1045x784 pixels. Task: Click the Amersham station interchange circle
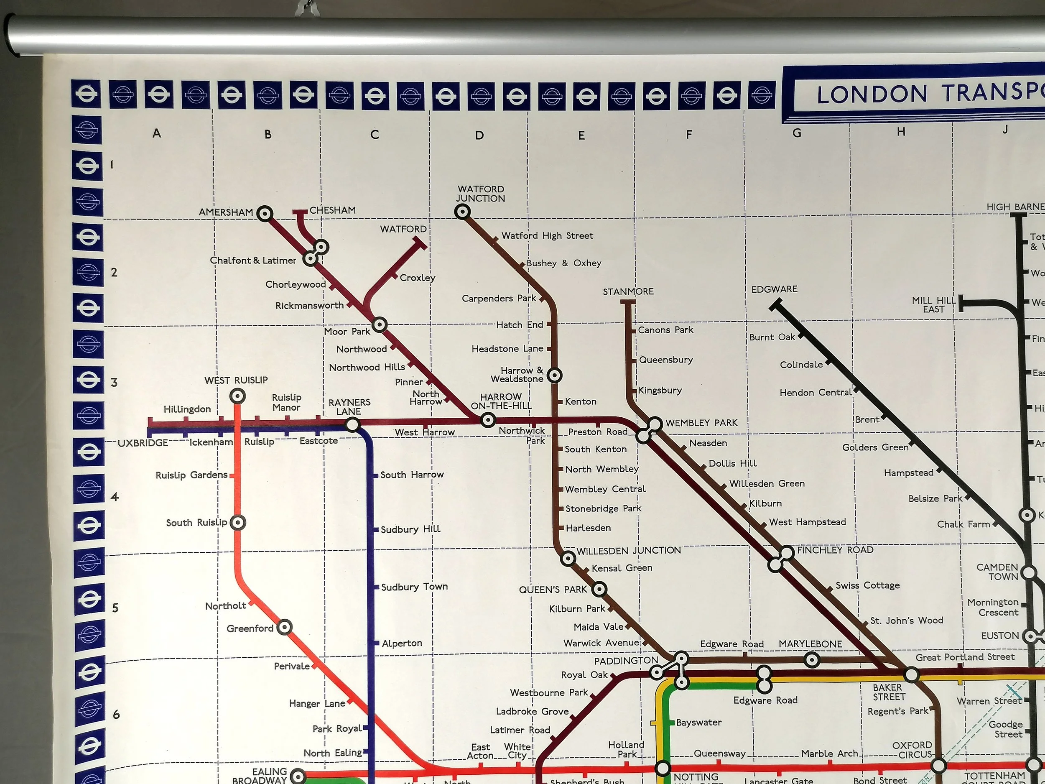pyautogui.click(x=265, y=214)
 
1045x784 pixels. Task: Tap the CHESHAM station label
pyautogui.click(x=333, y=210)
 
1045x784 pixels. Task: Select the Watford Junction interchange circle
pyautogui.click(x=462, y=212)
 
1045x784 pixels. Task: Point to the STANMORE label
pyautogui.click(x=628, y=291)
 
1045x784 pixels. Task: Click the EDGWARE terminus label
pyautogui.click(x=774, y=289)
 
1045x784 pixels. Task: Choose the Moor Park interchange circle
pyautogui.click(x=380, y=324)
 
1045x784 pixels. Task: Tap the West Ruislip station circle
pyautogui.click(x=237, y=396)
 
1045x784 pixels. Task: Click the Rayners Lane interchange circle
pyautogui.click(x=352, y=425)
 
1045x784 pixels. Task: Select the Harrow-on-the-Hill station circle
pyautogui.click(x=488, y=420)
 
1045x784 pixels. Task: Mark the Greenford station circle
pyautogui.click(x=284, y=627)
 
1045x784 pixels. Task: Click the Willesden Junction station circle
pyautogui.click(x=568, y=559)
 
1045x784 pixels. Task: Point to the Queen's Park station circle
pyautogui.click(x=599, y=589)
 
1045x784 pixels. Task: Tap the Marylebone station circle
pyautogui.click(x=812, y=660)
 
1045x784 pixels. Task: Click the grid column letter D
pyautogui.click(x=479, y=135)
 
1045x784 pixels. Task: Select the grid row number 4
pyautogui.click(x=115, y=497)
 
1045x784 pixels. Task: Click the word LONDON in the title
pyautogui.click(x=872, y=94)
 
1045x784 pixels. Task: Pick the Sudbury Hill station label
pyautogui.click(x=410, y=529)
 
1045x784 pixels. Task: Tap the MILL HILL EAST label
pyautogui.click(x=933, y=305)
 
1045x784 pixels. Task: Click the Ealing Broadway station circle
pyautogui.click(x=298, y=776)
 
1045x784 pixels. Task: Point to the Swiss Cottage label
pyautogui.click(x=867, y=585)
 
